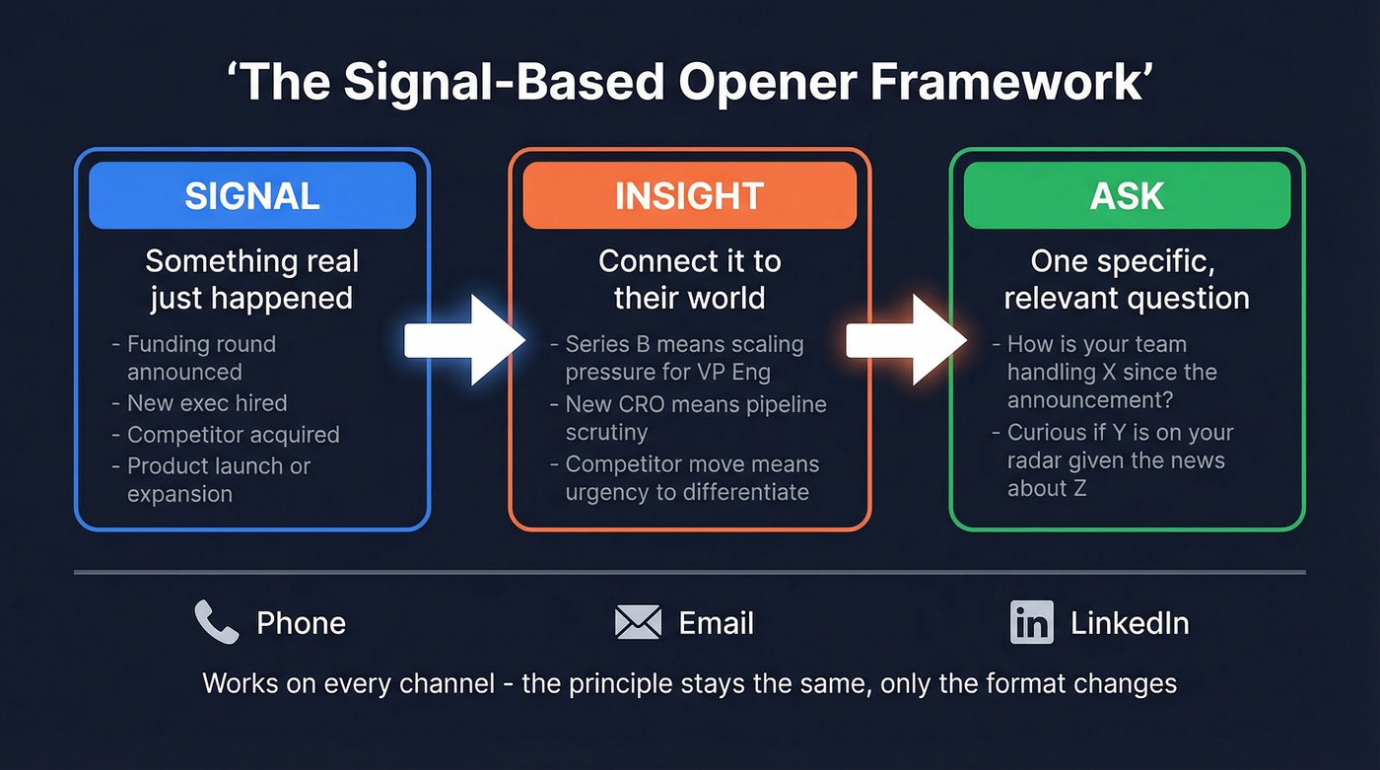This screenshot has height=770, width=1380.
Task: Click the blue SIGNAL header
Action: click(252, 195)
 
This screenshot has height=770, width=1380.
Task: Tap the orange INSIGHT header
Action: click(689, 195)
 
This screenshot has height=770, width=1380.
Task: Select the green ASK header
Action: click(1127, 195)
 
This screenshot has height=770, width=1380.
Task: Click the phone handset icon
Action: click(216, 623)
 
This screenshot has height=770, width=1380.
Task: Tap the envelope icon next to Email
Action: click(638, 623)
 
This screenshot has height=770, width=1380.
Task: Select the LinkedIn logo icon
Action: click(1031, 623)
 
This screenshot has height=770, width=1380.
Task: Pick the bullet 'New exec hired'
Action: click(207, 403)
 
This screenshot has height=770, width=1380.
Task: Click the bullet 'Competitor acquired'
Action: click(233, 435)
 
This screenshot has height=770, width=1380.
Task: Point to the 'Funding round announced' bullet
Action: click(201, 358)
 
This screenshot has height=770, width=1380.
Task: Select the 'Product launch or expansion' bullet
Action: click(219, 480)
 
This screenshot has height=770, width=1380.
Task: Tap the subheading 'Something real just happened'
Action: click(252, 279)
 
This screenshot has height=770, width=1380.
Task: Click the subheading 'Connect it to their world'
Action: click(689, 279)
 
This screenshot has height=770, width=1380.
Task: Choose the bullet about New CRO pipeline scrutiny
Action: click(695, 419)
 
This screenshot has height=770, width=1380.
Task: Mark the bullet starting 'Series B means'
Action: click(684, 358)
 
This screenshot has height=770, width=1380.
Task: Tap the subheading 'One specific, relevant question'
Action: click(1127, 279)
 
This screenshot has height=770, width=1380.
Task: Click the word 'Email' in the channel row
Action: click(717, 623)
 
